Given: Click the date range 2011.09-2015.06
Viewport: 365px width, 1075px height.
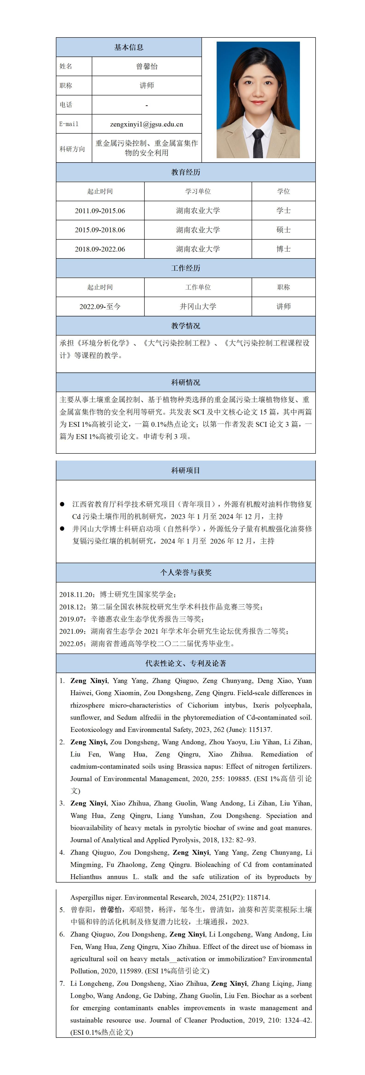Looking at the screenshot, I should (100, 211).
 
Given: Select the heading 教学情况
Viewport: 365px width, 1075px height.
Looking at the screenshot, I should (185, 326).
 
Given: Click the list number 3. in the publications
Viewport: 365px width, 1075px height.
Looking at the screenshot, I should (62, 803).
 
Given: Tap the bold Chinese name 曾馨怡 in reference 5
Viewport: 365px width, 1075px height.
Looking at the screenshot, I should (111, 910).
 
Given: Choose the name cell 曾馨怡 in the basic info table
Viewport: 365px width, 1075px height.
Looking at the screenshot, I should (147, 66).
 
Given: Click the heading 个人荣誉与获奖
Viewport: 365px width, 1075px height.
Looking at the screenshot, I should (185, 573).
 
